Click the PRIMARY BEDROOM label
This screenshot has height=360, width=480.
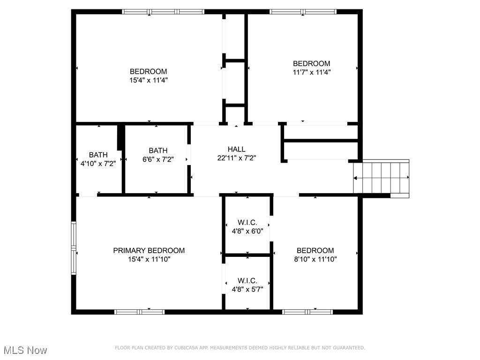(x=149, y=251)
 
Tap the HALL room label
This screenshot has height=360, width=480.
(x=236, y=150)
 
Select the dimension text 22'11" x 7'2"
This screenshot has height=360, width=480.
(x=236, y=158)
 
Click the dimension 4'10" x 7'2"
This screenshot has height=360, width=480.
(x=98, y=163)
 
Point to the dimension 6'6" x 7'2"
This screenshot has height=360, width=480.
(x=158, y=159)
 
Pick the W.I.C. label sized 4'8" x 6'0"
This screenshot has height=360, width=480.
(x=247, y=223)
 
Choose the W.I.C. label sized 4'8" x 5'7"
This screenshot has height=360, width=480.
(x=247, y=281)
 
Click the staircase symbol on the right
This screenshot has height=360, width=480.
(x=381, y=178)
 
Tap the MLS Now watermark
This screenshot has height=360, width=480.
(x=25, y=350)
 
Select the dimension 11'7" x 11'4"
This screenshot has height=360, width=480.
(x=311, y=72)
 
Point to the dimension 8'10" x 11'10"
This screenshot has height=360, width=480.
(x=315, y=259)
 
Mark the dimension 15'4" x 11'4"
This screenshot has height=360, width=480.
(x=149, y=80)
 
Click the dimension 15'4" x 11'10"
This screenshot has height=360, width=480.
(x=149, y=259)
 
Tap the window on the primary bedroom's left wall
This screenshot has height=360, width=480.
(x=74, y=248)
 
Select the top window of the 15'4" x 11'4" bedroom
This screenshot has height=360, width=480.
(x=164, y=12)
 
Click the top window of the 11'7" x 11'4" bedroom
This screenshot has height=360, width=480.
(x=303, y=12)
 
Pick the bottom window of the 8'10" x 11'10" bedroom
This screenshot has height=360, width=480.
(x=307, y=311)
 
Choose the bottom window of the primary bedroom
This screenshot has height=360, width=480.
(x=140, y=311)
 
